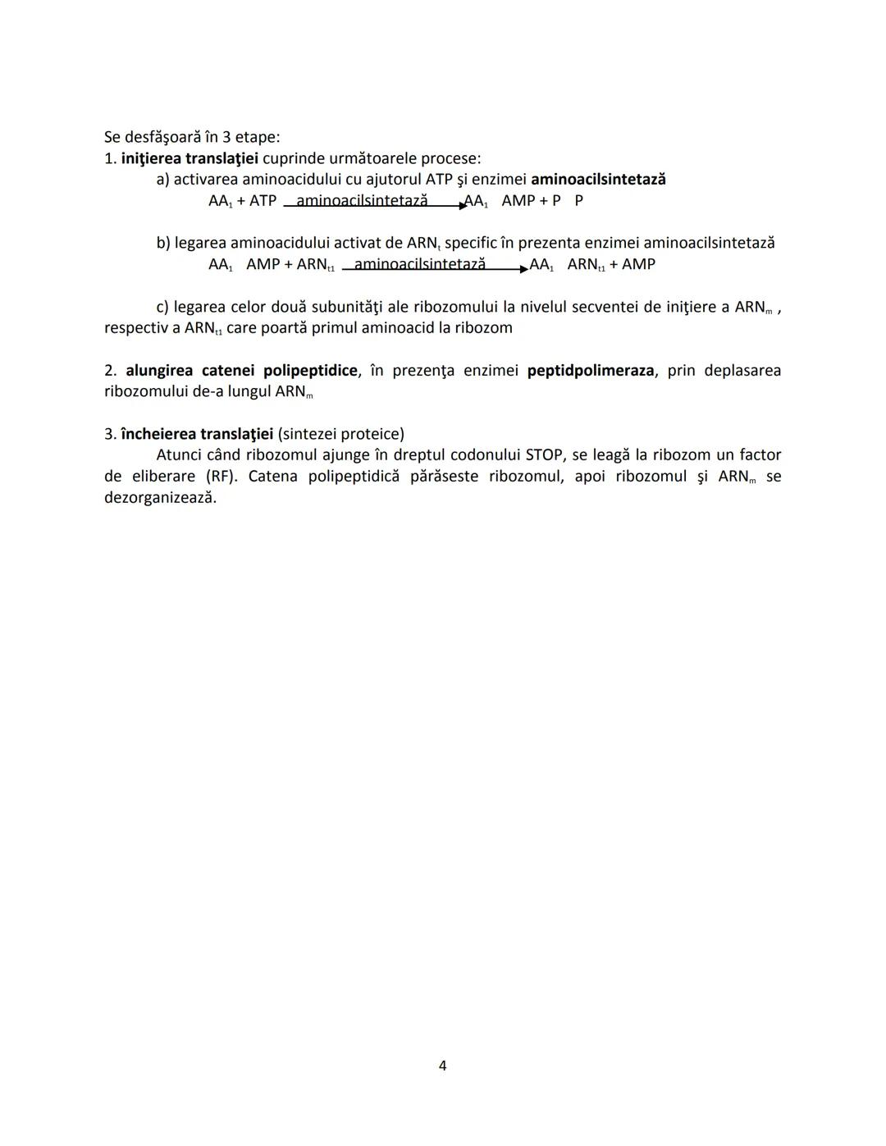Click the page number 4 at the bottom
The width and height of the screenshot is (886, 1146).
[x=443, y=1066]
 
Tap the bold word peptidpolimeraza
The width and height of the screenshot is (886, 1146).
[x=591, y=371]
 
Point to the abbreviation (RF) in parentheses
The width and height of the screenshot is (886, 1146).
[x=221, y=477]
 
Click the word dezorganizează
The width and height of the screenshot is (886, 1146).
[x=160, y=498]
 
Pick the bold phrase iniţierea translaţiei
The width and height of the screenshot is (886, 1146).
[x=190, y=158]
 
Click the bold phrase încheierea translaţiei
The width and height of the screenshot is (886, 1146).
[x=197, y=434]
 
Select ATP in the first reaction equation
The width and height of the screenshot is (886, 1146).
[x=263, y=201]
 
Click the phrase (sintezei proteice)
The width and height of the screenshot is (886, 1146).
[x=340, y=434]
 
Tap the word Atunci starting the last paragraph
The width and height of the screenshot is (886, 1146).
[x=179, y=455]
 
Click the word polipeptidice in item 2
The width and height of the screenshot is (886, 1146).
[x=310, y=371]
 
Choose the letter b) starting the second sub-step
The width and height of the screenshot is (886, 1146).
[x=163, y=244]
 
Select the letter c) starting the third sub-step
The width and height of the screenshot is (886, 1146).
[x=162, y=308]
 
